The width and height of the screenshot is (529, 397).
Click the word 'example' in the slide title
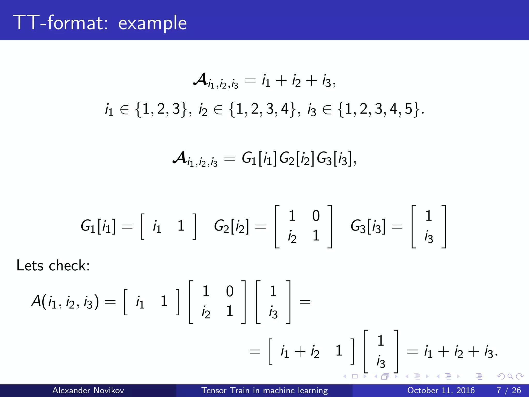152,23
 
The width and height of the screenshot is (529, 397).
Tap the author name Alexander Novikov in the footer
88,390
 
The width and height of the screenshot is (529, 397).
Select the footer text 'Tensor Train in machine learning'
264,390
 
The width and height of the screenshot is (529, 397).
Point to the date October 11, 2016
441,390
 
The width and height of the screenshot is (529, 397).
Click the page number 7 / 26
509,390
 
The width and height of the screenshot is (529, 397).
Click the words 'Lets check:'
53,265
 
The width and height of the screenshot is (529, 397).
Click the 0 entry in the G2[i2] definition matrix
316,216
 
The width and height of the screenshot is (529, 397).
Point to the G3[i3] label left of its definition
368,226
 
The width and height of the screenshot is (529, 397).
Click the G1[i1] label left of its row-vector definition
98,226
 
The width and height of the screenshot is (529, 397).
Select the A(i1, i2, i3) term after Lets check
65,302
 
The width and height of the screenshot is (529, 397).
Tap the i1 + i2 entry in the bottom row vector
300,352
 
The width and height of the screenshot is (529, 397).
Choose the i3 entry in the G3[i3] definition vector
429,237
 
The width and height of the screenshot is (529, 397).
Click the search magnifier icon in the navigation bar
510,376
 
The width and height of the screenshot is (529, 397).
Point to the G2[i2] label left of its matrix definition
231,226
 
